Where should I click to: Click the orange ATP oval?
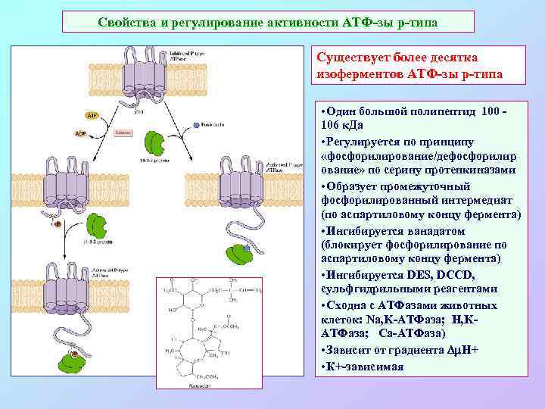92,117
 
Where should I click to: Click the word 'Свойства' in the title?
126,21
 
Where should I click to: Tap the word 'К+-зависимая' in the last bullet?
366,367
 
